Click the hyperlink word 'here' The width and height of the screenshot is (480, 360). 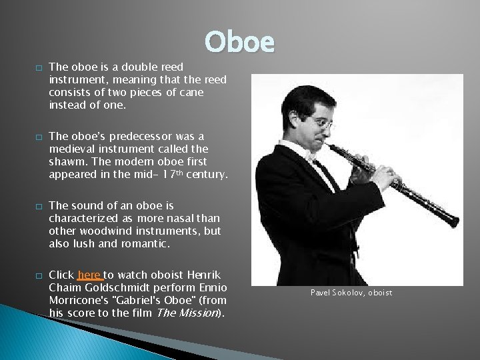[x=89, y=275]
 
